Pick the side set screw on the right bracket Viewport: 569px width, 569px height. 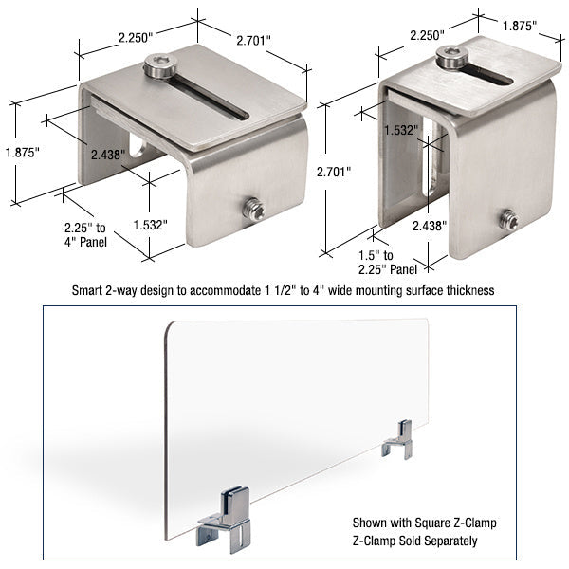point(508,220)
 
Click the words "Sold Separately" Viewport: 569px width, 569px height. point(450,541)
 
